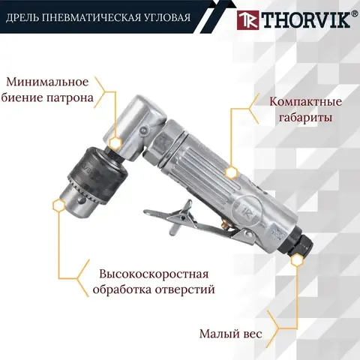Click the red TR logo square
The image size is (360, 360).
[x=247, y=20]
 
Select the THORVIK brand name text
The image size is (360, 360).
[x=305, y=20]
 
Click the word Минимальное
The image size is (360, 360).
[x=47, y=82]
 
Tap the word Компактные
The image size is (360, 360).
[x=305, y=102]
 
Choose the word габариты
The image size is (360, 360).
[x=305, y=117]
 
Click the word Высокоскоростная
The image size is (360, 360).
[x=154, y=274]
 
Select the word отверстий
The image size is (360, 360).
[x=185, y=289]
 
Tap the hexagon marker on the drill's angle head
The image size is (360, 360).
[x=115, y=142]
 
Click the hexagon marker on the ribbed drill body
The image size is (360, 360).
[x=231, y=172]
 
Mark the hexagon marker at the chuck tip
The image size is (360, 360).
[x=59, y=205]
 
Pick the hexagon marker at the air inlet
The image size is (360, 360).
[x=297, y=260]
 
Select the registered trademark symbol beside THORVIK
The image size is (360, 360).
[x=354, y=14]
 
